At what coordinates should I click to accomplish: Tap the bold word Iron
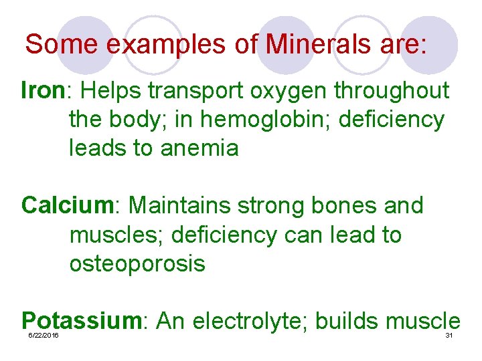(42, 91)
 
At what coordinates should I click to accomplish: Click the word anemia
(199, 148)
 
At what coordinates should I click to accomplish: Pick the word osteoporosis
(137, 263)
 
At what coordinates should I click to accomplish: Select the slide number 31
(449, 335)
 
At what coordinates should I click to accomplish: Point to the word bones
(345, 206)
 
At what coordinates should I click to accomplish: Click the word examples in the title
(139, 45)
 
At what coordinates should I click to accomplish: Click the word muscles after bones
(110, 235)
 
